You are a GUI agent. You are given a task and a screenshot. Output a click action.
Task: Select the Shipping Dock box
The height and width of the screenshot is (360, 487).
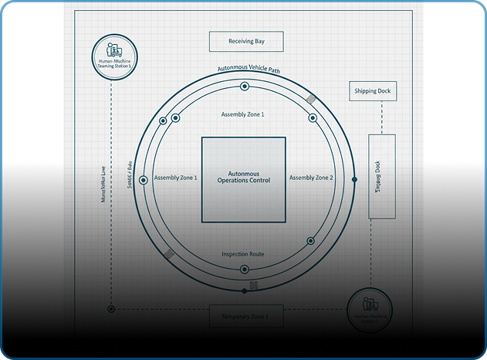point(372,91)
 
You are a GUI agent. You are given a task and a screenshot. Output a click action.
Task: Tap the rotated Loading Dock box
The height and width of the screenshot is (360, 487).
point(381,176)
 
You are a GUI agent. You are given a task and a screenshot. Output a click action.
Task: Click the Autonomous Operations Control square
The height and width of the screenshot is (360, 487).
point(243,179)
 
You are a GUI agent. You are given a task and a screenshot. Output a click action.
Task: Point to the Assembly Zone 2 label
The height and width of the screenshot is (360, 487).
point(311,178)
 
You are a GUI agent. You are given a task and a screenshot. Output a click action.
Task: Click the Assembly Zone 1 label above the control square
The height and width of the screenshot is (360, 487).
point(242,114)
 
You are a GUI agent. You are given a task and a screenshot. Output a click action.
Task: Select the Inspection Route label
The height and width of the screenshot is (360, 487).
point(243,253)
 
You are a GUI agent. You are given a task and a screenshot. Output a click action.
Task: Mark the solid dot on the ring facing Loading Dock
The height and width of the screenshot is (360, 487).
point(354,179)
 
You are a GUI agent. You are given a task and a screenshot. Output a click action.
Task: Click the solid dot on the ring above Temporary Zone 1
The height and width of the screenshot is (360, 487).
point(245,290)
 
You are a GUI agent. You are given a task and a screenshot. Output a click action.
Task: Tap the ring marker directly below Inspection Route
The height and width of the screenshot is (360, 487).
point(245,269)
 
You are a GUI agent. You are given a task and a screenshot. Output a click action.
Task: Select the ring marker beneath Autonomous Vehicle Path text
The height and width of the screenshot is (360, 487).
point(245,86)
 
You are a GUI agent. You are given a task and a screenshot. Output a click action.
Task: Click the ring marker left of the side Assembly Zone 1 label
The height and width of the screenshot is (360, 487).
point(163,121)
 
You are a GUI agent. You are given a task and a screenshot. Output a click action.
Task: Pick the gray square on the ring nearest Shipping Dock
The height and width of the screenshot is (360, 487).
point(311,100)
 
